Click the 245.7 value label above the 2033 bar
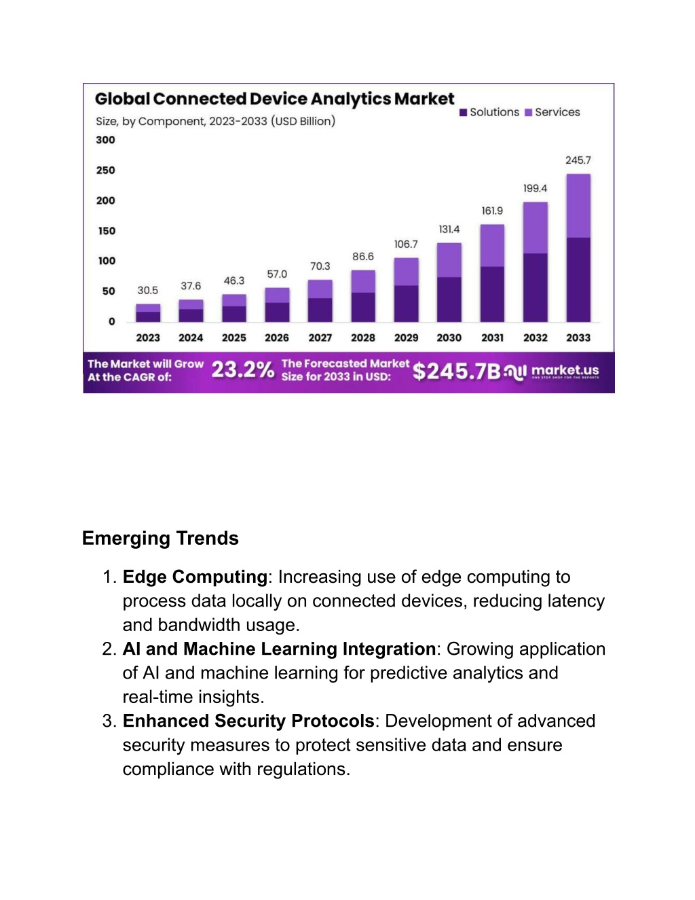coord(578,160)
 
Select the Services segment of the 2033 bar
coord(578,206)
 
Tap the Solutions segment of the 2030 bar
coord(449,300)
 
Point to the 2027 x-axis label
coord(320,338)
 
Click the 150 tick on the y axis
coord(107,231)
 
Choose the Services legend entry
coord(552,112)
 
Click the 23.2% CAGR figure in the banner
coord(243,370)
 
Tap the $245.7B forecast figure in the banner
coord(457,371)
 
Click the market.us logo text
coord(565,370)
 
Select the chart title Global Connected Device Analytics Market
coord(275,99)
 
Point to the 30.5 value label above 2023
coord(148,290)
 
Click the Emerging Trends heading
coord(160,539)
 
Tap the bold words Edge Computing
coord(195,577)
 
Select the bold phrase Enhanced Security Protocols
coord(248,721)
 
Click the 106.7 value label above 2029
coord(406,245)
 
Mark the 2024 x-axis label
coord(191,338)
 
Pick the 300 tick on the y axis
coord(105,140)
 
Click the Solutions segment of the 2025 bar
coord(234,314)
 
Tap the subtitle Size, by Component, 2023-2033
coord(216,122)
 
